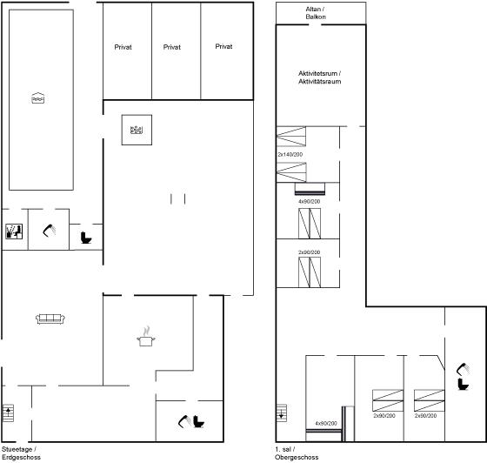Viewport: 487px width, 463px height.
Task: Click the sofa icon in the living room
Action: click(x=50, y=319)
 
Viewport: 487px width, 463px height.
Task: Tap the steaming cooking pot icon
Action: click(x=146, y=337)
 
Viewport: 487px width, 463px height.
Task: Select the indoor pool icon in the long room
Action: click(x=38, y=97)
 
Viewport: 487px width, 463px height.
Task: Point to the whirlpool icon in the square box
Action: click(x=137, y=130)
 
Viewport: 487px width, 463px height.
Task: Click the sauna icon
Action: click(x=14, y=231)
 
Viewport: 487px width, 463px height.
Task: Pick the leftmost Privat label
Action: click(x=123, y=47)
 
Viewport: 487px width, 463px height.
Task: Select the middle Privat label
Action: click(x=172, y=47)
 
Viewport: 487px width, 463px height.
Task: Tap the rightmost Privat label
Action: click(x=223, y=47)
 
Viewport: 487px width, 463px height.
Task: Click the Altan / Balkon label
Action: click(x=316, y=13)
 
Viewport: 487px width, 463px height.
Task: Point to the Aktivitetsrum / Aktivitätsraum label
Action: click(x=320, y=77)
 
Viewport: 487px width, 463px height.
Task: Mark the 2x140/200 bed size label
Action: click(x=290, y=154)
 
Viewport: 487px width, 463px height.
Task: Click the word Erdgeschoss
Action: click(x=21, y=457)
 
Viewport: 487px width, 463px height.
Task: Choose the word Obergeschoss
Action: click(x=297, y=457)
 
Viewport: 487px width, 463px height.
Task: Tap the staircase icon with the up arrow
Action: click(x=8, y=413)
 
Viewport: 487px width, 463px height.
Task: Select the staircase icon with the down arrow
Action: click(x=282, y=413)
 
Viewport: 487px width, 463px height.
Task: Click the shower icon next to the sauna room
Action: click(x=49, y=231)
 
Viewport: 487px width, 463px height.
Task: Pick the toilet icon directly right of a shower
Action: click(x=199, y=422)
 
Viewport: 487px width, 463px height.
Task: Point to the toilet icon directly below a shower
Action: click(x=463, y=384)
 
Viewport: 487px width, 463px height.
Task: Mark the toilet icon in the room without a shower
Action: click(x=86, y=238)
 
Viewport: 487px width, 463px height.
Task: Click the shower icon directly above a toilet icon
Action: click(x=463, y=369)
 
